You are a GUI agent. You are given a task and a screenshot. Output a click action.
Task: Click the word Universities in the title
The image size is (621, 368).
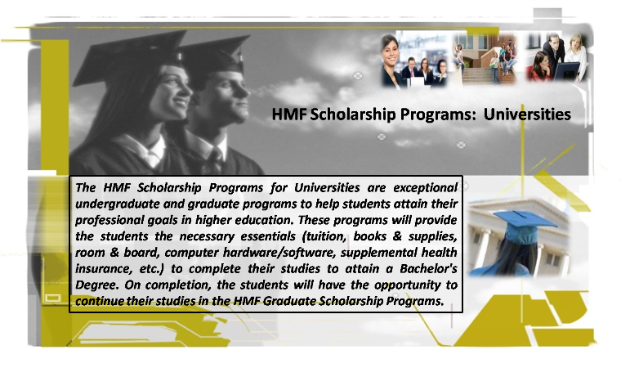[527, 114]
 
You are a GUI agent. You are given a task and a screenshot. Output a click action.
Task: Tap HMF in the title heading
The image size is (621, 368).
[289, 114]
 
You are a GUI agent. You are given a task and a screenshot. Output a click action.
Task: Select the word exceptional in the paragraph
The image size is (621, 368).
[426, 187]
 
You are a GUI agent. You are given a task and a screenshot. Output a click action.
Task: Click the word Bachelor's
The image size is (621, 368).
[428, 269]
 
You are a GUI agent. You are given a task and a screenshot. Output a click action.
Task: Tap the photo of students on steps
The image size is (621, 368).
[485, 58]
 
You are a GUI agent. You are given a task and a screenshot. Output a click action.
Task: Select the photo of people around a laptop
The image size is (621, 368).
[556, 57]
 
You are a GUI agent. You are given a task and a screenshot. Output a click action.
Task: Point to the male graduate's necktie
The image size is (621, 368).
[215, 159]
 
